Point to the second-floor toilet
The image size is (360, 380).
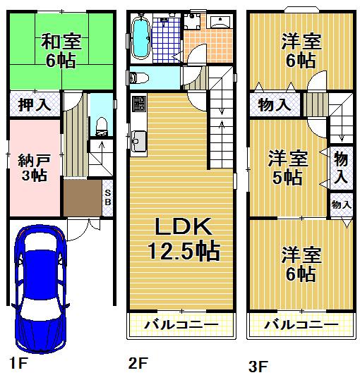(138, 77)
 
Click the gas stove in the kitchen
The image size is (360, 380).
(137, 105)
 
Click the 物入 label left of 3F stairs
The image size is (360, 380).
(274, 106)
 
